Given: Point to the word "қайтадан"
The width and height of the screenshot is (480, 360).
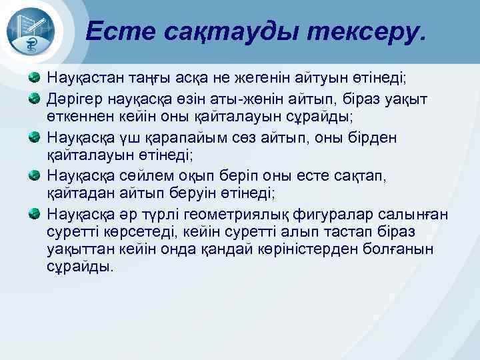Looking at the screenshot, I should click(x=78, y=194).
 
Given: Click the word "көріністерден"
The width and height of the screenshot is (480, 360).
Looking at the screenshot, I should click(x=307, y=249).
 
